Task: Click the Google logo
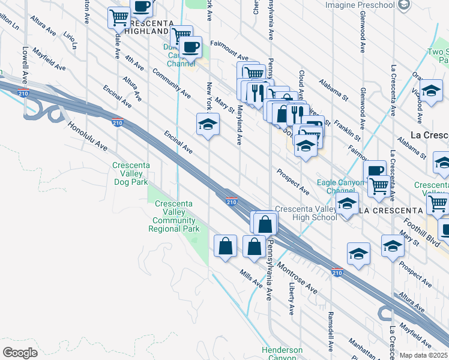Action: (20, 352)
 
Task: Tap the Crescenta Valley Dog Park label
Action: (131, 173)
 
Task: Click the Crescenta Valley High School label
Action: (306, 213)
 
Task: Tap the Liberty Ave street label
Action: (292, 299)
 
